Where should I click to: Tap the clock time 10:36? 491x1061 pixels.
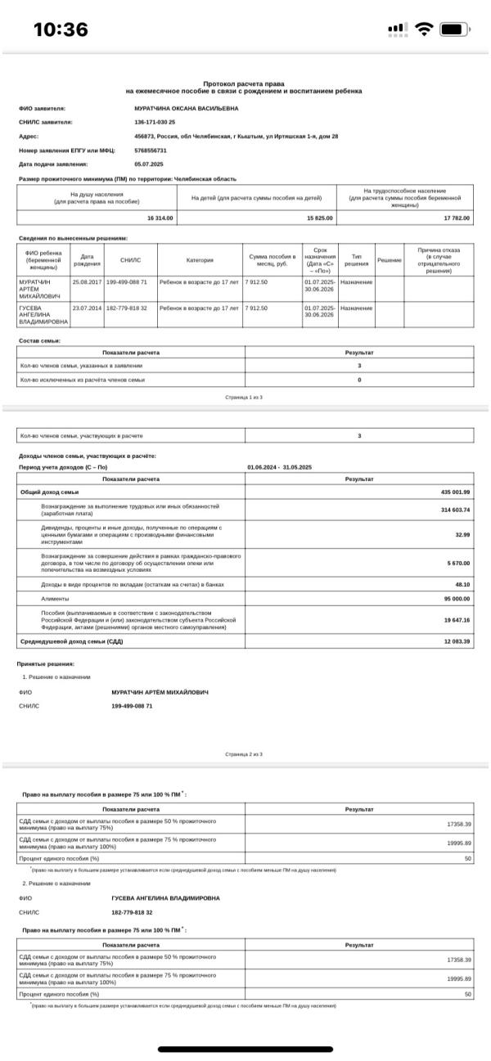(x=61, y=29)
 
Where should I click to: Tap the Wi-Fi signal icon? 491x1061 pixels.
(x=424, y=29)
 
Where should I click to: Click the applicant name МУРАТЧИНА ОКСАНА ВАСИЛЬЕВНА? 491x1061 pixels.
(x=187, y=108)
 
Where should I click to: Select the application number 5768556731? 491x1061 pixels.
(x=151, y=151)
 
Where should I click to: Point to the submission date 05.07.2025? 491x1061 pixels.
(x=149, y=164)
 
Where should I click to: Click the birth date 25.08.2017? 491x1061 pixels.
(x=87, y=282)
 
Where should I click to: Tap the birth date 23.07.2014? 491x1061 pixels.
(x=87, y=308)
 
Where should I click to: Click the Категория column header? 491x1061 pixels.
(x=200, y=260)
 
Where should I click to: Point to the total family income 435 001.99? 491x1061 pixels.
(x=456, y=492)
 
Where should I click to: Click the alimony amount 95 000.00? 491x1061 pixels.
(x=457, y=599)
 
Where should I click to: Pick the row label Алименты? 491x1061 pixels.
(x=56, y=599)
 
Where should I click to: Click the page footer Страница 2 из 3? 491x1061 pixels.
(x=245, y=753)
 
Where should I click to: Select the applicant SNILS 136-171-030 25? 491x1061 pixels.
(x=155, y=122)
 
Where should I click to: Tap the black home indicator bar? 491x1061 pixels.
(x=245, y=1050)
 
